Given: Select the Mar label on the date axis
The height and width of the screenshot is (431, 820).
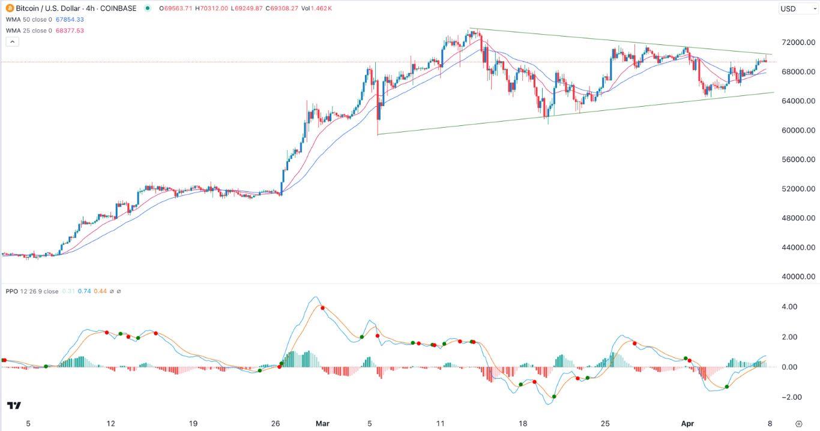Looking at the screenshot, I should pos(323,423).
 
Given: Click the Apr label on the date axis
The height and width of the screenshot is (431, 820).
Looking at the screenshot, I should pos(687,423).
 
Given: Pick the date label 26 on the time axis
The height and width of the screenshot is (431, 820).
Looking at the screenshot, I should pos(276,423).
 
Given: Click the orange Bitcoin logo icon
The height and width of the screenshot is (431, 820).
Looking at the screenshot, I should pos(10,8).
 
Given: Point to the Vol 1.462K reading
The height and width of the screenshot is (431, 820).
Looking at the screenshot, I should pos(318,8).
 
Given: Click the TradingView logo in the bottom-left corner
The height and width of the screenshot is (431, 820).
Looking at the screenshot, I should pos(14,406).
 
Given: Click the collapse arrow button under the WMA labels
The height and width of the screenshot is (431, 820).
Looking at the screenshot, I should pos(12,41).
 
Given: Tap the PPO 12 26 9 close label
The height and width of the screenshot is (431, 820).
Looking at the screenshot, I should pos(32,291).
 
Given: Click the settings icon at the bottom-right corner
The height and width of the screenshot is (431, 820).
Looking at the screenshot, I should pos(798,423).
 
